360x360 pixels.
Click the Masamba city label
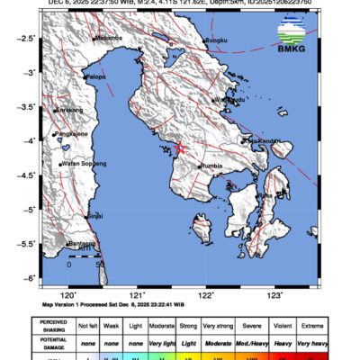pyautogui.click(x=108, y=39)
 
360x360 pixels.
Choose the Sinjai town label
pyautogui.click(x=95, y=216)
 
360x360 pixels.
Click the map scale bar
pyautogui.click(x=84, y=257)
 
